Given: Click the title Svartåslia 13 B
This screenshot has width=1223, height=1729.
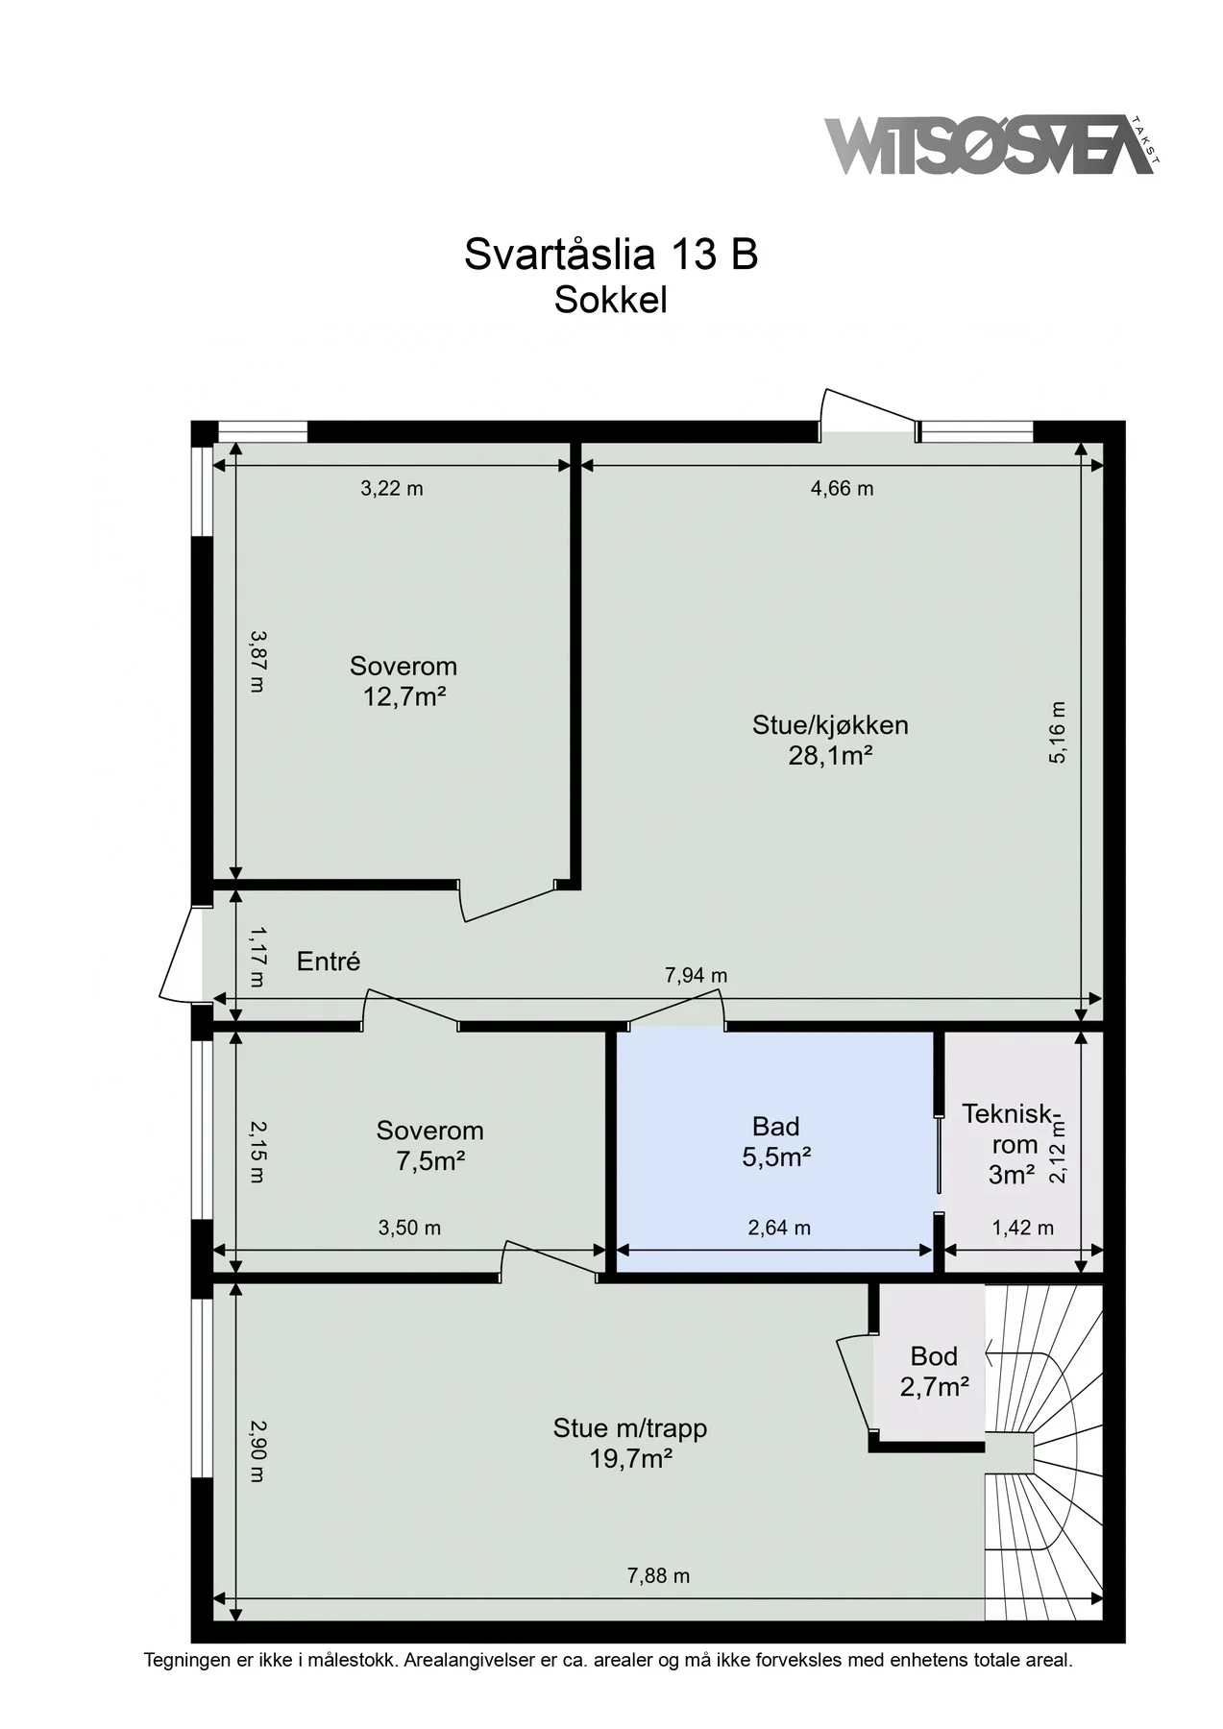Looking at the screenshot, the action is coord(611,255).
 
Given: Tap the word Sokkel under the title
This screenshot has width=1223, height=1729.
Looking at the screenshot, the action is coord(611,301).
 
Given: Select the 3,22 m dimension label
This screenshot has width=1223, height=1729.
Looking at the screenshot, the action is coord(392,488).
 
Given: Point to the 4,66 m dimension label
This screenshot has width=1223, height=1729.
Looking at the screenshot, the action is coord(843,488).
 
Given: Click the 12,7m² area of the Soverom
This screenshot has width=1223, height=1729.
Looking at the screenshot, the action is coord(404,696).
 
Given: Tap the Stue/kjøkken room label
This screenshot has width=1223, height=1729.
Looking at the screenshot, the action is coord(830,724).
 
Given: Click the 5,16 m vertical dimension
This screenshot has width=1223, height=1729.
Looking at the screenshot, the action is coord(1057,732).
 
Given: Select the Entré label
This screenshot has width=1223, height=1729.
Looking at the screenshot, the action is coord(329,961).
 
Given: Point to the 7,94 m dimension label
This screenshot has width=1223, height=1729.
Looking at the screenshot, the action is coord(697,975).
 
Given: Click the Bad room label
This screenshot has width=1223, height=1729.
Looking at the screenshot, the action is coord(776,1126).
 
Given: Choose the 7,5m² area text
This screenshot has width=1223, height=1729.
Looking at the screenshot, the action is coord(430,1161).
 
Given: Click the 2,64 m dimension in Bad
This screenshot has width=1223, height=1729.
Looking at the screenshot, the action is coord(779,1228).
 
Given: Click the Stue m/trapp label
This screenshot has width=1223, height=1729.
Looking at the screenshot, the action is coord(630,1428).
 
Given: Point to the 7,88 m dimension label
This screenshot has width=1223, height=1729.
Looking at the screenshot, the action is coord(658,1575).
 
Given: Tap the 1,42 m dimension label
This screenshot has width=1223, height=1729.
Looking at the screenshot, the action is coord(1022,1228).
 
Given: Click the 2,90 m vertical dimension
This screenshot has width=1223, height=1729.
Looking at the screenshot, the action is coord(256,1450).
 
